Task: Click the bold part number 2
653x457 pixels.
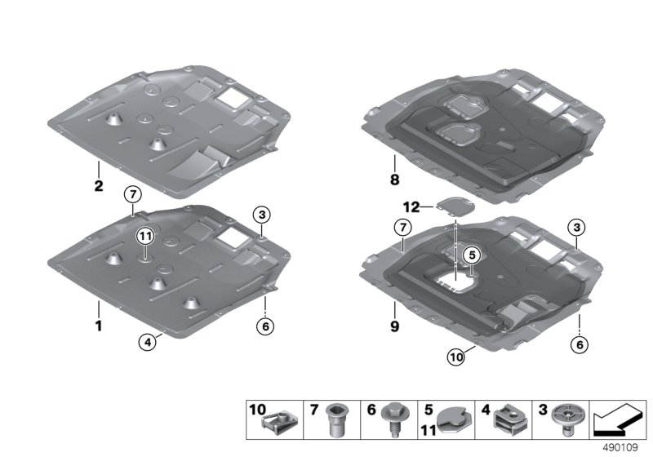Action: click(x=98, y=185)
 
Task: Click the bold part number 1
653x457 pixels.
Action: click(x=99, y=326)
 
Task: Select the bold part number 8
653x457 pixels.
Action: click(x=394, y=180)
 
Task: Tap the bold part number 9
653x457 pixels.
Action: click(x=394, y=326)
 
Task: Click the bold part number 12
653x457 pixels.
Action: click(x=411, y=206)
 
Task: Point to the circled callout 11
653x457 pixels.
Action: click(x=145, y=237)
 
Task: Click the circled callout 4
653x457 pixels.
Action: click(x=147, y=343)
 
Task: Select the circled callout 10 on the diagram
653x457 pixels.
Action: click(x=456, y=357)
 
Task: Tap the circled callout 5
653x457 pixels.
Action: click(x=472, y=255)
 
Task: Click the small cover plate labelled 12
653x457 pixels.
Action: click(x=455, y=206)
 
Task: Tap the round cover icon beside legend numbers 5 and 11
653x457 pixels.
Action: click(x=454, y=421)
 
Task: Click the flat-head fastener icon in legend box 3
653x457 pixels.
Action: click(x=566, y=419)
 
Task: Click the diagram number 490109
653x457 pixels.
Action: click(x=620, y=448)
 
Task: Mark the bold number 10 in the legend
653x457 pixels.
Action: click(x=257, y=410)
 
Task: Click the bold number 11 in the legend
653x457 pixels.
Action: click(x=429, y=430)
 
